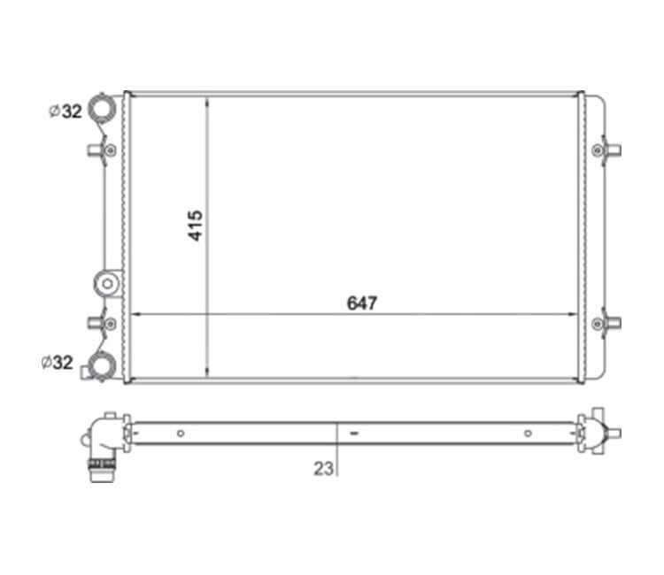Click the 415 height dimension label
pos(196,226)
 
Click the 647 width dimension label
pos(361,303)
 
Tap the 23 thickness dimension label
pos(323,468)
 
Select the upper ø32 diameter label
pos(66,111)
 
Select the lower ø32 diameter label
pos(58,362)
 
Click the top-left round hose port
pos(102,108)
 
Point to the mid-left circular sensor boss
pos(107,283)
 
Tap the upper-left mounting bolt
pos(111,149)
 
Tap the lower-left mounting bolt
pos(111,324)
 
